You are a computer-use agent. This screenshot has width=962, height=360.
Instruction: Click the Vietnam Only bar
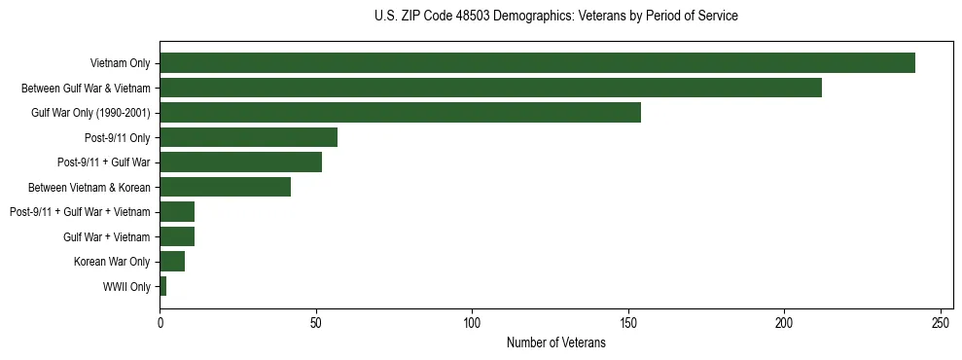click(537, 63)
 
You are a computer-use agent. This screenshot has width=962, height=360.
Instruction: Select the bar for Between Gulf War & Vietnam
click(490, 88)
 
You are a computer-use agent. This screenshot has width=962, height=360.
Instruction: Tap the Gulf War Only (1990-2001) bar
click(400, 113)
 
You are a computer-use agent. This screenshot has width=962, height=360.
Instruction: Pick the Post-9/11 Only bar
click(248, 137)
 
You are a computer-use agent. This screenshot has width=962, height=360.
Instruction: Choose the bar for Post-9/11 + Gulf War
click(240, 162)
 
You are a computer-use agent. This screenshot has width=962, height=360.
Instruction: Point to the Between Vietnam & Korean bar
click(225, 187)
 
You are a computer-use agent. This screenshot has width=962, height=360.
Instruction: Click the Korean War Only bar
click(172, 262)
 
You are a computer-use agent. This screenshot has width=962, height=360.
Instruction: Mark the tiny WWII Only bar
click(162, 286)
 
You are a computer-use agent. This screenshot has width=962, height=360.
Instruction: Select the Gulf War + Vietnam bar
click(177, 236)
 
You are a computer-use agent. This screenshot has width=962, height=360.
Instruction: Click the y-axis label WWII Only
click(126, 287)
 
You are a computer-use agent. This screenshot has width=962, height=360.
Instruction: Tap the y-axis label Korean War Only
click(112, 262)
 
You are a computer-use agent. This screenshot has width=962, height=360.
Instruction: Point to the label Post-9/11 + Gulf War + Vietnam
click(80, 212)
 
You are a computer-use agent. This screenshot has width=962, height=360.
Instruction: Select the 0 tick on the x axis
click(160, 322)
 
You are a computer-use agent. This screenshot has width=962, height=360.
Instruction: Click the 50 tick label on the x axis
click(316, 322)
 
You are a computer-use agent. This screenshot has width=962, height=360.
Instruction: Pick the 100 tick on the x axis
click(472, 322)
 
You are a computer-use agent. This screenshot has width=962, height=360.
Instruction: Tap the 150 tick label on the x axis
click(628, 322)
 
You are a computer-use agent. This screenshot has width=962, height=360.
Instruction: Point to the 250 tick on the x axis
click(941, 322)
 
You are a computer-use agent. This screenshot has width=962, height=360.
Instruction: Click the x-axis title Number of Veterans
click(555, 343)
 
